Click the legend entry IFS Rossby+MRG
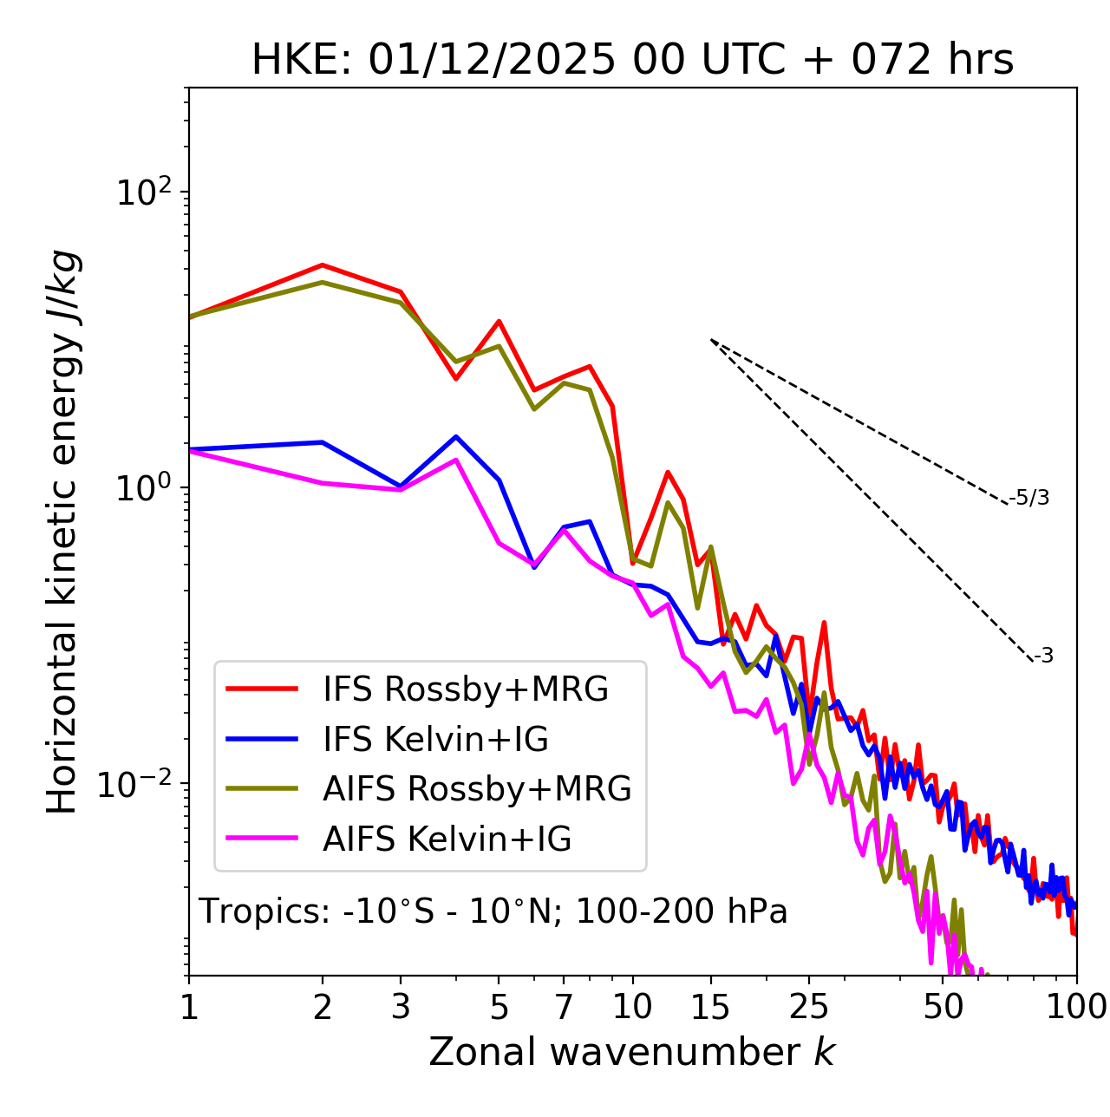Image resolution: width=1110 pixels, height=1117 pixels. tap(466, 689)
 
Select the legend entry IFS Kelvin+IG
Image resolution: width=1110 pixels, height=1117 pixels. tap(435, 739)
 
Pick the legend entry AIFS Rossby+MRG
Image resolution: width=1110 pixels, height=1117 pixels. tap(477, 789)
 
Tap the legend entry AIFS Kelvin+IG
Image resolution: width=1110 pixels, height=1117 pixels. tap(447, 839)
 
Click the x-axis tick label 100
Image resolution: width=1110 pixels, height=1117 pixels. tap(1076, 1007)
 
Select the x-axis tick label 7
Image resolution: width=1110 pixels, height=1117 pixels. tap(564, 1007)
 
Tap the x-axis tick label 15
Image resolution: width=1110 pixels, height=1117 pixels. tap(710, 1007)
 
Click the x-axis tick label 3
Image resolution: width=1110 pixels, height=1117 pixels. tap(400, 1007)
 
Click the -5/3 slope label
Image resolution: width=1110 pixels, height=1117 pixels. tap(1029, 498)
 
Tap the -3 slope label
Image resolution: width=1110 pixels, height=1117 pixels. tap(1043, 656)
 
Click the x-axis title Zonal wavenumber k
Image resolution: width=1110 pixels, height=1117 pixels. tap(632, 1052)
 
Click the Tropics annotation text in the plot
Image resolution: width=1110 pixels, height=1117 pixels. tap(493, 911)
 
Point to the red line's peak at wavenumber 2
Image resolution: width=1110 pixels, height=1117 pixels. tap(323, 265)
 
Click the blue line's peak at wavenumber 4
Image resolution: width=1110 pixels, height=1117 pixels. tap(456, 436)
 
